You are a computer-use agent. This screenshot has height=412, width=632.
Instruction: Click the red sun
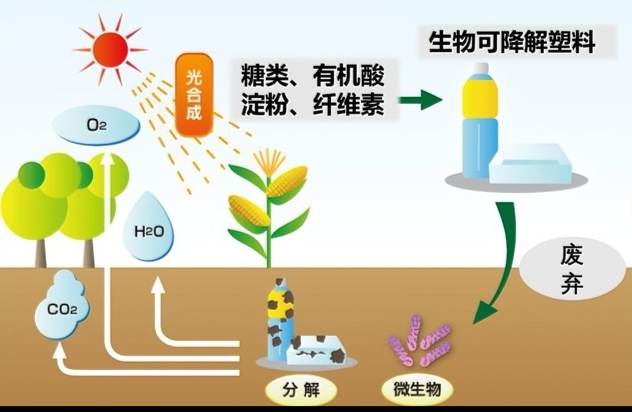110,49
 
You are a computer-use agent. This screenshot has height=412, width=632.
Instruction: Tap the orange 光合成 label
194,95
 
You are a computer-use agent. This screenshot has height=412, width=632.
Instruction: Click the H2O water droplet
149,231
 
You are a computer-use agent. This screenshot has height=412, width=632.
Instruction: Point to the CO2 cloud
62,307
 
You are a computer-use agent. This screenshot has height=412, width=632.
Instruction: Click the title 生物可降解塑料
511,43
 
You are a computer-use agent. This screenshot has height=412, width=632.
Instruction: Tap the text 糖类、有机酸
312,76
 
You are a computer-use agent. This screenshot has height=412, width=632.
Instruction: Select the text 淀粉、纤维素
312,105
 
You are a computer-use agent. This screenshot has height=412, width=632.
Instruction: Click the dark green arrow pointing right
421,99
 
